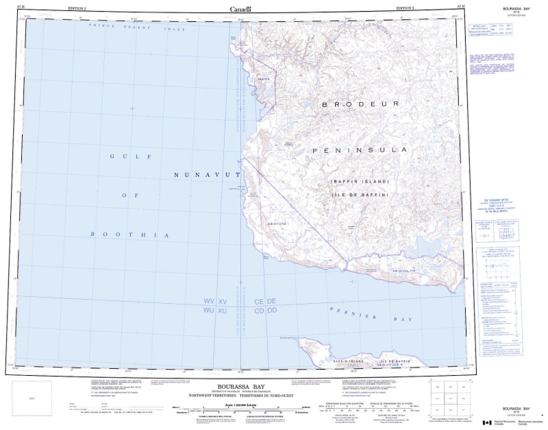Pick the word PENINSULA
point(360,150)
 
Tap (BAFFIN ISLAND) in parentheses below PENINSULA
point(360,182)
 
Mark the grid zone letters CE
point(259,301)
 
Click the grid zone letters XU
point(222,311)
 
